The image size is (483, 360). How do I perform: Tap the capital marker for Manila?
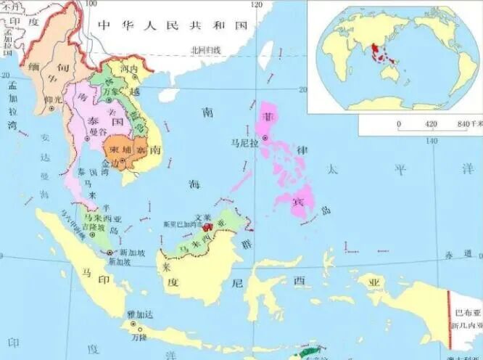tap(265, 137)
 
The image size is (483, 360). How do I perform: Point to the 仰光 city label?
tap(51, 99)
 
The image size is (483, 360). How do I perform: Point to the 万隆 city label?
tap(139, 337)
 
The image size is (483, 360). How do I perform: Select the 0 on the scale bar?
tap(398, 124)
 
